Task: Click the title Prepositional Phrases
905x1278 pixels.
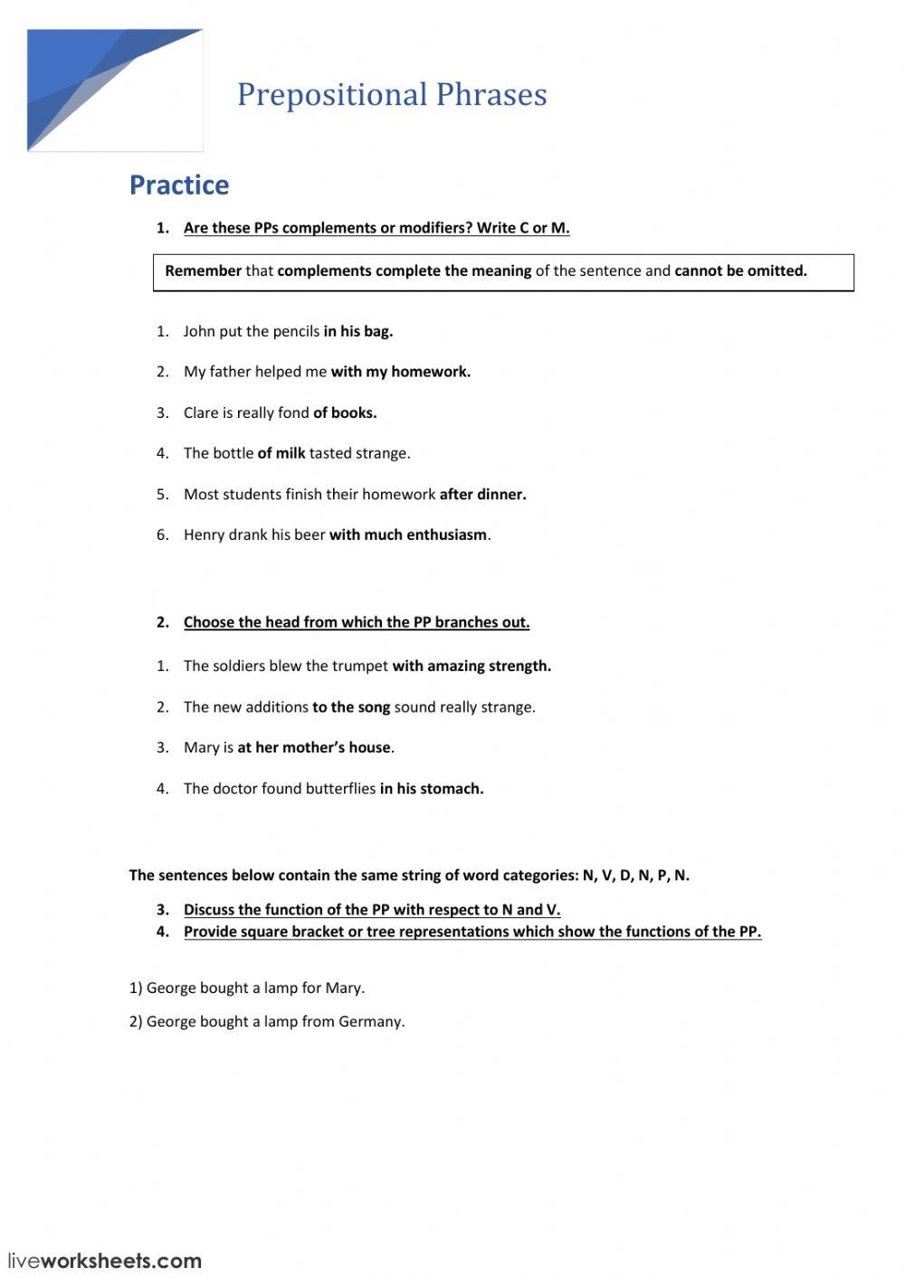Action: click(392, 95)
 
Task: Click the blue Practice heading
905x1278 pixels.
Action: click(179, 185)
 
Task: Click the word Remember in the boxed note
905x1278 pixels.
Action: click(203, 270)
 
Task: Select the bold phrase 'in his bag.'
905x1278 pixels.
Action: click(358, 331)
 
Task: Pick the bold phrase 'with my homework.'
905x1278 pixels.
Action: click(400, 372)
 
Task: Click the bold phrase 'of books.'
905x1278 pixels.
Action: click(345, 412)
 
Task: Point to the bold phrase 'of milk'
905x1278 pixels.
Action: click(281, 453)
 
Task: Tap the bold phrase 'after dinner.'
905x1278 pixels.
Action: click(482, 494)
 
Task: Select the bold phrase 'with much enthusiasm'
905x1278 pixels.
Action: click(408, 535)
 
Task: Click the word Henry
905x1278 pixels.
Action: click(204, 535)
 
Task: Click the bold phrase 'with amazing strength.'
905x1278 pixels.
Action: click(472, 666)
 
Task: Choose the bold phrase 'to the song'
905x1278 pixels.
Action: click(351, 707)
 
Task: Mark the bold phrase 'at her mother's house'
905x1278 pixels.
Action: click(314, 748)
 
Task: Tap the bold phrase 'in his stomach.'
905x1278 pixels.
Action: click(432, 789)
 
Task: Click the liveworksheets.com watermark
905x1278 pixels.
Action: click(105, 1261)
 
